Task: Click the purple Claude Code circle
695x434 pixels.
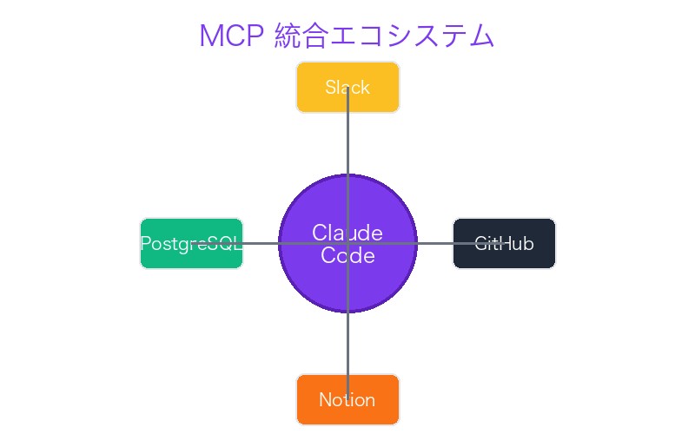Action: click(382, 278)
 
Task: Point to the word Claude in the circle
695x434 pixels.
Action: click(347, 233)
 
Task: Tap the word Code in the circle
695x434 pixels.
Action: click(347, 256)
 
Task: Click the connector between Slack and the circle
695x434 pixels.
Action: click(347, 143)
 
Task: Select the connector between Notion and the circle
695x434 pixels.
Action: click(347, 343)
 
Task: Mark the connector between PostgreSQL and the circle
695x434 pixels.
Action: click(261, 243)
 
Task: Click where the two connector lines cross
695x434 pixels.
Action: click(347, 243)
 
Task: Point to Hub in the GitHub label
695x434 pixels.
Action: click(518, 244)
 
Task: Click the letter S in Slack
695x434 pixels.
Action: click(330, 88)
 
